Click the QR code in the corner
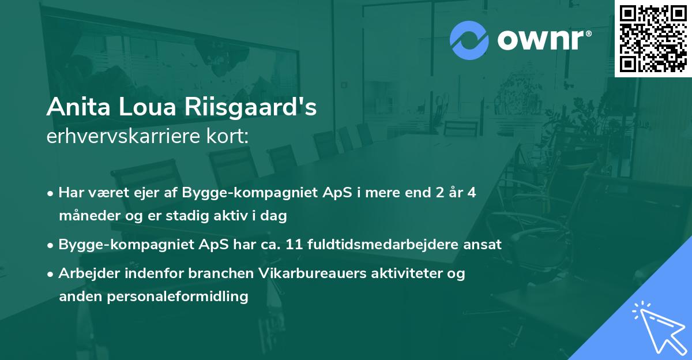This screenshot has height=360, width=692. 652,38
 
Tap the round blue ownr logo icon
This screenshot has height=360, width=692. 469,40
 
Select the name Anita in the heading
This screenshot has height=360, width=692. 73,107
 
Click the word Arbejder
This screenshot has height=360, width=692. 86,273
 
